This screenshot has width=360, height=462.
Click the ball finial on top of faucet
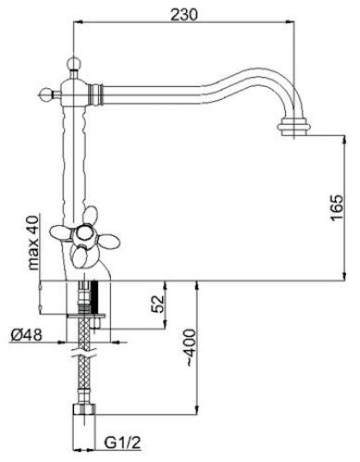tap(74, 63)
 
